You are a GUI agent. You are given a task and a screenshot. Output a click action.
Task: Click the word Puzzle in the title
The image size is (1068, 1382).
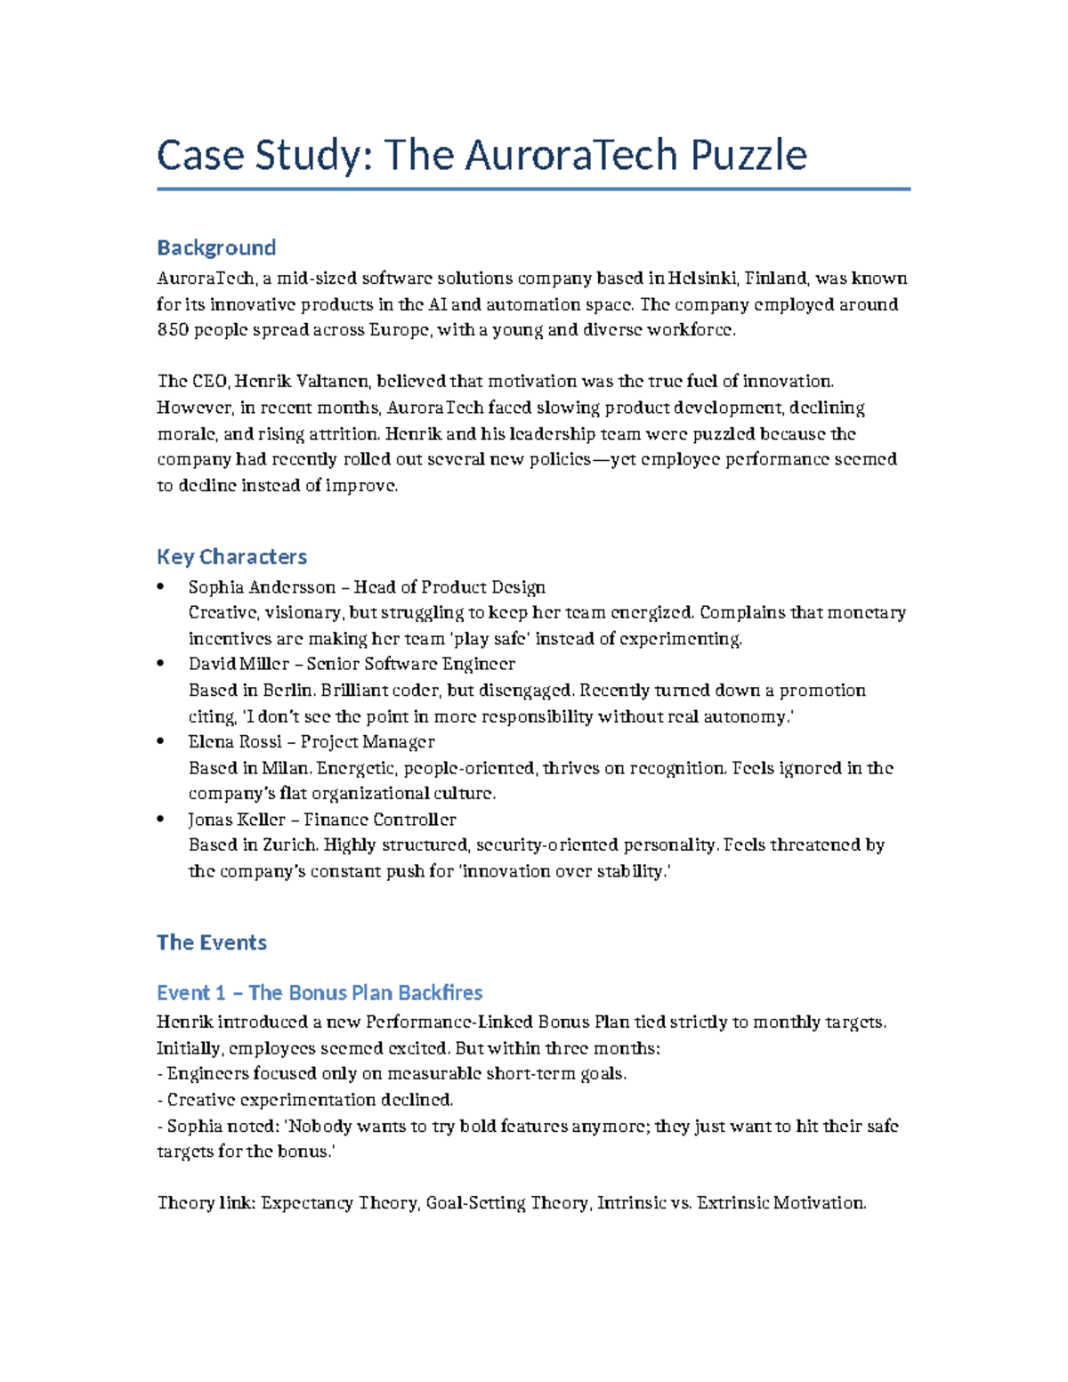748,156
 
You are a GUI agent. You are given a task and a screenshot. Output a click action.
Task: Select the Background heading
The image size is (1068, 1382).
216,247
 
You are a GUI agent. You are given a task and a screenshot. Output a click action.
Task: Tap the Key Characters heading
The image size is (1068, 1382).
231,557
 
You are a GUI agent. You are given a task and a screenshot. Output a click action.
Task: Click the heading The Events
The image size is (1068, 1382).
212,942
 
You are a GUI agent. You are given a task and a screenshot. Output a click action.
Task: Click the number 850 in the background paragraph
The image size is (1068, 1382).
173,330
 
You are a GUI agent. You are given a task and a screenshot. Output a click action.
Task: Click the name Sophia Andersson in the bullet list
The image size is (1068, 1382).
262,587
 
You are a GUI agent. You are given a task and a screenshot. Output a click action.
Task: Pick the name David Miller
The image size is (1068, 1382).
239,664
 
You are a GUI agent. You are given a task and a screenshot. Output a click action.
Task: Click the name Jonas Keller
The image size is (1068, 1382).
236,820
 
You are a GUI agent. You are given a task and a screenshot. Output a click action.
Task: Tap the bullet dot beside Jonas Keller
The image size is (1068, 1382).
160,819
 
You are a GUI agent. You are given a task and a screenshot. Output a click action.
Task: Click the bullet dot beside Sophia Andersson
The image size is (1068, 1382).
160,586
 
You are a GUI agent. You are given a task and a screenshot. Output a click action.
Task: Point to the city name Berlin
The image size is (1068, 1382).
288,691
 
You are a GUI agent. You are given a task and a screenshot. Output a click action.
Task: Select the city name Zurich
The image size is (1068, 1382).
290,845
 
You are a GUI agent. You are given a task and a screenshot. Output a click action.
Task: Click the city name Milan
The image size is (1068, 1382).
286,768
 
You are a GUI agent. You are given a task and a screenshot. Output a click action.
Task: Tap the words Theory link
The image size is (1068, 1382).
206,1203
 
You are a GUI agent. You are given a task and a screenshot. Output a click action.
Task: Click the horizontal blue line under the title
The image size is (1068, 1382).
533,189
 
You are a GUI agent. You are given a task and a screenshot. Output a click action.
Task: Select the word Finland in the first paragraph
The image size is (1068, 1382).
776,279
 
